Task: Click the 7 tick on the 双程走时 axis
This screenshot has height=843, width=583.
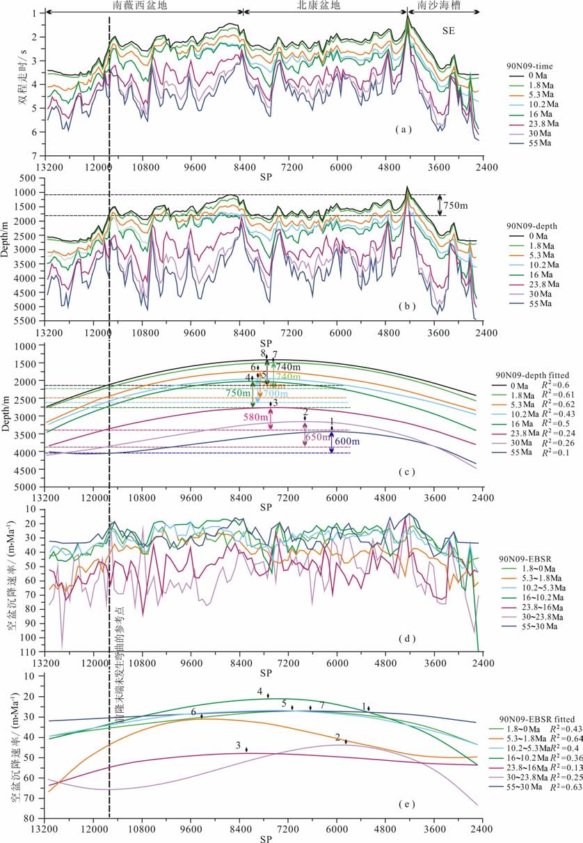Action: coord(33,156)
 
